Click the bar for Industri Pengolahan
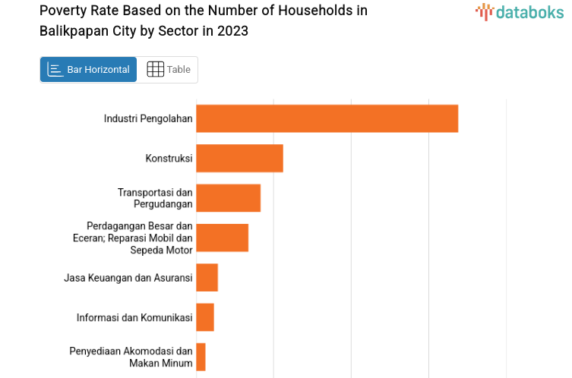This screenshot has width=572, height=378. pyautogui.click(x=327, y=118)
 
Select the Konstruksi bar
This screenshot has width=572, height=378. pyautogui.click(x=239, y=158)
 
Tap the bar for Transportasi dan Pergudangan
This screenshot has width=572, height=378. pyautogui.click(x=228, y=198)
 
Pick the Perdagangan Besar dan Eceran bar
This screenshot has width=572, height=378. pyautogui.click(x=222, y=238)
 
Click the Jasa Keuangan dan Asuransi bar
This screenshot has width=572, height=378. pyautogui.click(x=207, y=277)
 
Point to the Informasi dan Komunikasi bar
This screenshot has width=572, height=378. pyautogui.click(x=205, y=317)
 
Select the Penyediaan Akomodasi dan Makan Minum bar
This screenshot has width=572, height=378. pyautogui.click(x=201, y=357)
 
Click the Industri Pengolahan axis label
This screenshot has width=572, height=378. pyautogui.click(x=148, y=118)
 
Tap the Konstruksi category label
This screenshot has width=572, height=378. pyautogui.click(x=169, y=158)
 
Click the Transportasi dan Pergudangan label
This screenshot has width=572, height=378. pyautogui.click(x=155, y=198)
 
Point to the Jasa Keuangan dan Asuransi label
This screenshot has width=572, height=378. pyautogui.click(x=128, y=278)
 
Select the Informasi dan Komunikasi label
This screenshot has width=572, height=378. pyautogui.click(x=134, y=317)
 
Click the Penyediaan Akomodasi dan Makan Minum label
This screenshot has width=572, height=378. pyautogui.click(x=131, y=357)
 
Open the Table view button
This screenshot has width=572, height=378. pyautogui.click(x=168, y=70)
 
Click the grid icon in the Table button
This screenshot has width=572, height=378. pyautogui.click(x=155, y=70)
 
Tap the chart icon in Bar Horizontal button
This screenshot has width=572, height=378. pyautogui.click(x=55, y=70)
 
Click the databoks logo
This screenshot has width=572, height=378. pyautogui.click(x=520, y=12)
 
